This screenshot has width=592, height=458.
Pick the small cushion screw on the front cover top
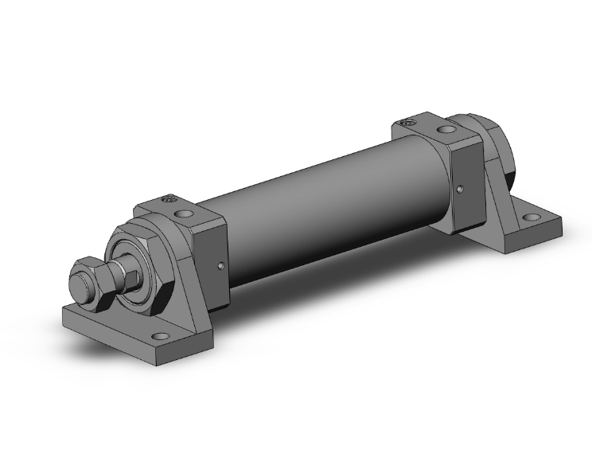[x=168, y=200]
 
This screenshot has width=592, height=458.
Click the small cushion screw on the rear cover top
[x=409, y=123]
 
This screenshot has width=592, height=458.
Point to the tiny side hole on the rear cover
[x=462, y=189]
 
